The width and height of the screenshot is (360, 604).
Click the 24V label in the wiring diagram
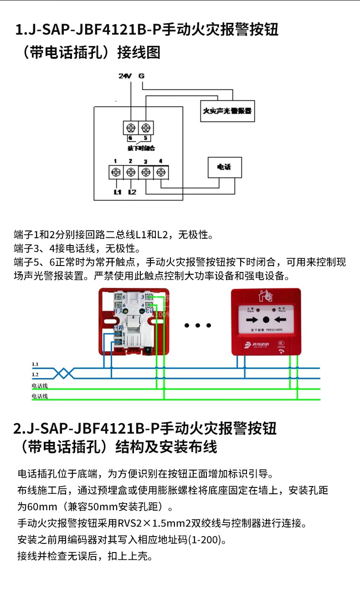tap(124, 76)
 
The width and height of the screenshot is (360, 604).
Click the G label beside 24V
tap(141, 76)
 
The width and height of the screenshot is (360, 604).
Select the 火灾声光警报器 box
tap(227, 110)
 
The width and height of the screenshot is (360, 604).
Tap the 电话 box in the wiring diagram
tap(224, 167)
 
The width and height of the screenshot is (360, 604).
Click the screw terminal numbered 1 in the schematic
tap(116, 172)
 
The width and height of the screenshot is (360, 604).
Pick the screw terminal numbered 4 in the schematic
tap(161, 172)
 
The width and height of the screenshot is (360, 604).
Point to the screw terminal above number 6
tap(130, 127)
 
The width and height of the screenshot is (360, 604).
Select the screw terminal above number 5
tap(145, 127)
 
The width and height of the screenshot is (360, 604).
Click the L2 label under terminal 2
tap(132, 192)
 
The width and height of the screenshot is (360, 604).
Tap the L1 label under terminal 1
tap(117, 192)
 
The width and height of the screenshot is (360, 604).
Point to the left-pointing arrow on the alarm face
tap(280, 319)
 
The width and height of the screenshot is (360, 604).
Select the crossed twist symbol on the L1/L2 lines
tap(64, 373)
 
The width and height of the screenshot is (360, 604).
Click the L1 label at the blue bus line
tap(35, 364)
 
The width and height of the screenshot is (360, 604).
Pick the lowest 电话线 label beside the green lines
tap(40, 396)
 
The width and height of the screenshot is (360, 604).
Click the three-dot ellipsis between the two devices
tap(197, 325)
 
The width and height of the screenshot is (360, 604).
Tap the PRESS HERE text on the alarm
tap(274, 329)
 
